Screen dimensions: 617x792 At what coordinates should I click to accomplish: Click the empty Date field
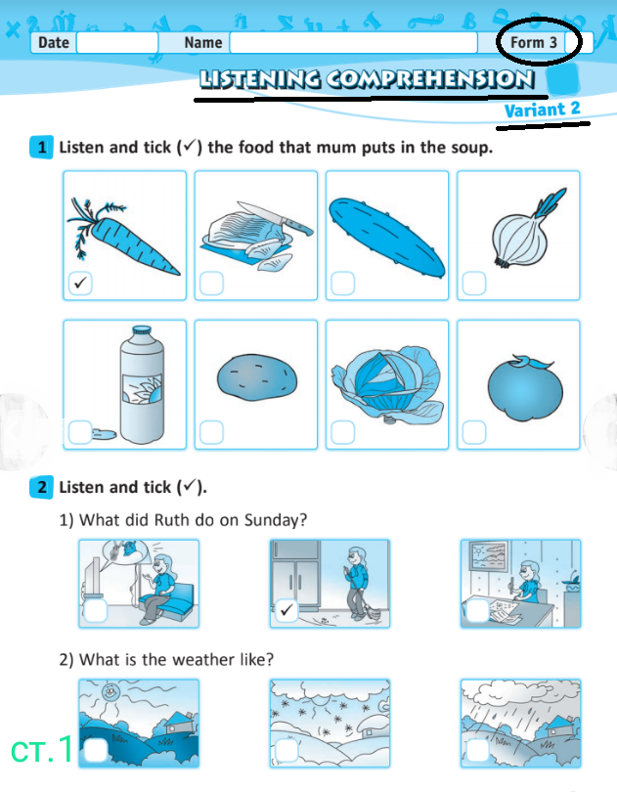coord(117,42)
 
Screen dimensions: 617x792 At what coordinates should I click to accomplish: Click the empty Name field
coord(353,42)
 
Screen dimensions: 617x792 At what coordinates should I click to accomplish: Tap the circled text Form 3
coord(534,42)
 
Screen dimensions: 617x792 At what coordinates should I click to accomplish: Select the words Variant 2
coord(543,110)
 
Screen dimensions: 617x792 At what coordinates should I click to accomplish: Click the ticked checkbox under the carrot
coord(80,283)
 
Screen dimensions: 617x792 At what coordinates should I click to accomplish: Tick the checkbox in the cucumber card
coord(342,284)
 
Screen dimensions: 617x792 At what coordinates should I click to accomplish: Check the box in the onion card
coord(474,284)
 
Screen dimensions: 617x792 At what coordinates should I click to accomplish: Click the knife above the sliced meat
coord(276,217)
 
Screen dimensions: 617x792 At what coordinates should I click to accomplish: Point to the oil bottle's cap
coord(142,330)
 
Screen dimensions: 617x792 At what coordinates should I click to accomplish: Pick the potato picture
coord(257,377)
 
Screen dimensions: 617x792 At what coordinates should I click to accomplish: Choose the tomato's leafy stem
coord(532,361)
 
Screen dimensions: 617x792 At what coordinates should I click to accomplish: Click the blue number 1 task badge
coord(41,148)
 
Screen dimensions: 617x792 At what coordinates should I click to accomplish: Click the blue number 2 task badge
coord(41,487)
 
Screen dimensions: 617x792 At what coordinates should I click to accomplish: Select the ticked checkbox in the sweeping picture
coord(286,610)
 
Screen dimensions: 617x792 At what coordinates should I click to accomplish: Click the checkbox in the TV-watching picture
coord(96,611)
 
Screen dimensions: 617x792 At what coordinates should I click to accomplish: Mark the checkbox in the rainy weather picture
coord(477,751)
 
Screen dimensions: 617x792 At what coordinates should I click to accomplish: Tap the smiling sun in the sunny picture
coord(110,691)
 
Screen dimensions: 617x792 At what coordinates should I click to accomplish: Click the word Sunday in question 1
coord(276,520)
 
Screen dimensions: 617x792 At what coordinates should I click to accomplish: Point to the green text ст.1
coord(42,750)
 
